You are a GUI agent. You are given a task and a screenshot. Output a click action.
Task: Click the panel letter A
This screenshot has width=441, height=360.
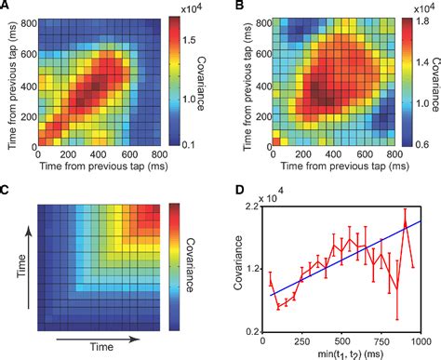[x=7, y=7]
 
